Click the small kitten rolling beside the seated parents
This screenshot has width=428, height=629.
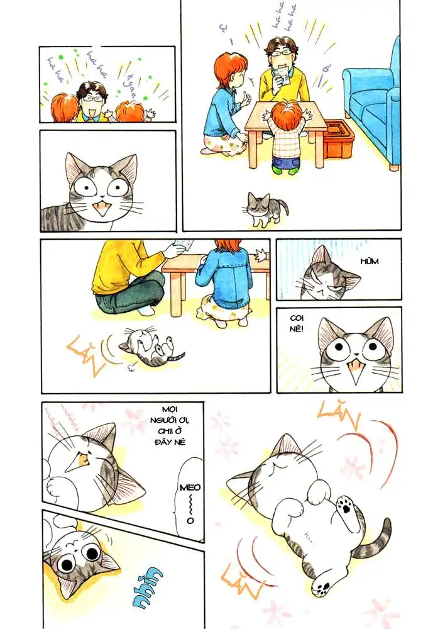point(148,347)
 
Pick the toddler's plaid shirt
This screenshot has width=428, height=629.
point(288,143)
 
